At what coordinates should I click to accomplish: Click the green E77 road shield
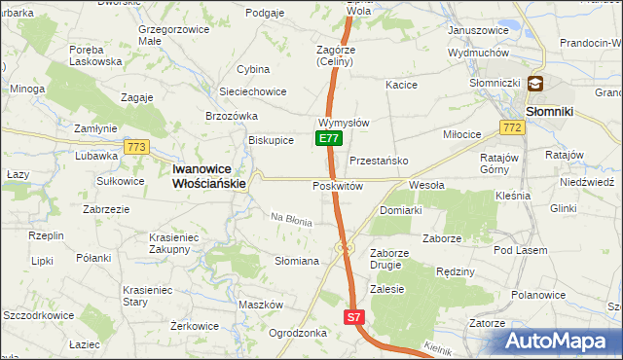tap(328, 139)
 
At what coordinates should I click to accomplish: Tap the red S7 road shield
tap(355, 317)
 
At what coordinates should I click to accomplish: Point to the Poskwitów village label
tap(338, 186)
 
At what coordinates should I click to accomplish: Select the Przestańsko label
tap(378, 161)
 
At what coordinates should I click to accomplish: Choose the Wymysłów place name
tap(343, 124)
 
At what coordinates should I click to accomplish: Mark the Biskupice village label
tap(271, 140)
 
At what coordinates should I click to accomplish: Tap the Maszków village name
tap(260, 305)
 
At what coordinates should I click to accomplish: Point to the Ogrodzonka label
tap(297, 333)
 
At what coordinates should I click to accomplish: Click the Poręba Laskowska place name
tap(95, 54)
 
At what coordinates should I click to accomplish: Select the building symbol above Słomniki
tap(536, 86)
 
